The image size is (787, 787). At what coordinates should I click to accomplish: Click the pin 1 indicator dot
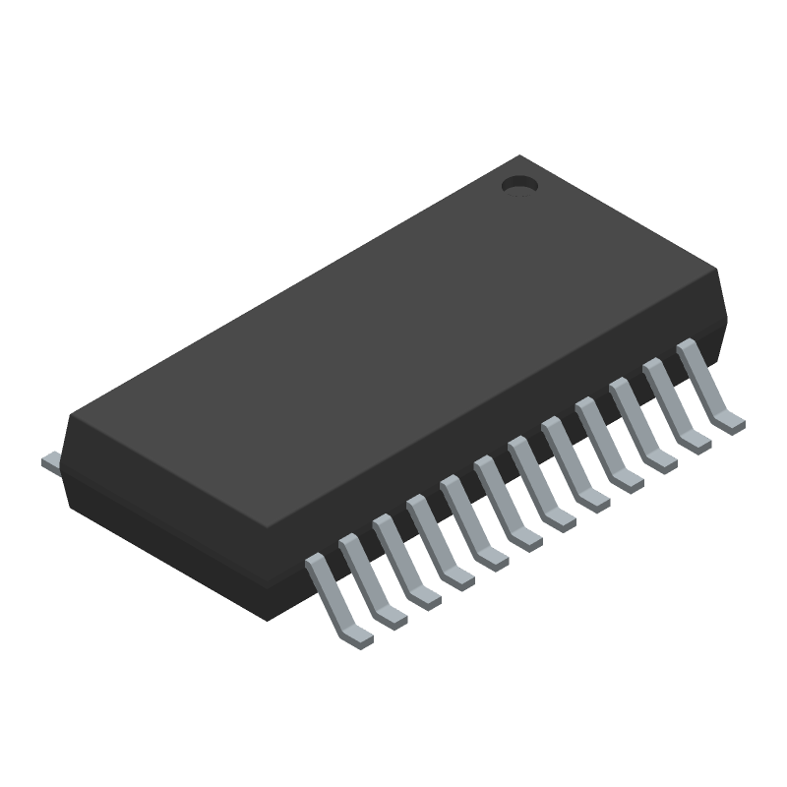pos(518,184)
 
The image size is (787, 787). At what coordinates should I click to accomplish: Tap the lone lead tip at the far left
pos(50,460)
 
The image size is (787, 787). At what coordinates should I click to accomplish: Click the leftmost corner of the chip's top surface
pos(69,420)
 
